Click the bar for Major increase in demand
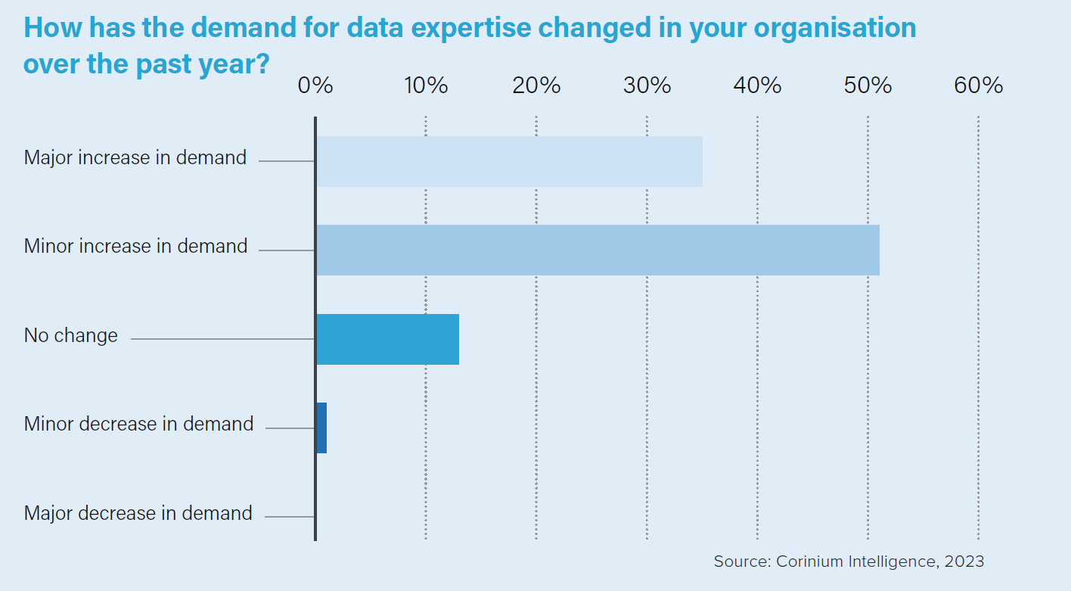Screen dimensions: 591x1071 pyautogui.click(x=509, y=161)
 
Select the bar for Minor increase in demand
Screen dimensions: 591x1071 pyautogui.click(x=598, y=250)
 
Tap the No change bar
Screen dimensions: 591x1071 pyautogui.click(x=387, y=339)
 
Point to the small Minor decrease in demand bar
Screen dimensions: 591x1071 pyautogui.click(x=321, y=428)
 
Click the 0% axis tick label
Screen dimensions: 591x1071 pyautogui.click(x=315, y=86)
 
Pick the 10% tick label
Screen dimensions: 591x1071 pyautogui.click(x=426, y=86)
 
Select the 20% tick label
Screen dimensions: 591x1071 pyautogui.click(x=536, y=86)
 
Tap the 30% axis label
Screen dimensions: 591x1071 pyautogui.click(x=647, y=86)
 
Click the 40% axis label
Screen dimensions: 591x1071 pyautogui.click(x=757, y=86)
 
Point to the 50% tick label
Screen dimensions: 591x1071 pyautogui.click(x=868, y=86)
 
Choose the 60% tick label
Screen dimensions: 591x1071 pyautogui.click(x=978, y=86)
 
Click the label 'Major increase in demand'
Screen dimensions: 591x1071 pyautogui.click(x=135, y=157)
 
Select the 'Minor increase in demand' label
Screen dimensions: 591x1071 pyautogui.click(x=136, y=246)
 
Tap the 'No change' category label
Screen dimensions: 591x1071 pyautogui.click(x=71, y=335)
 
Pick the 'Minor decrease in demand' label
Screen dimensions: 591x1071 pyautogui.click(x=138, y=424)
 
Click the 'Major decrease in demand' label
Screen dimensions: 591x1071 pyautogui.click(x=138, y=513)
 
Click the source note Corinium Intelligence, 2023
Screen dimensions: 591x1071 pyautogui.click(x=849, y=561)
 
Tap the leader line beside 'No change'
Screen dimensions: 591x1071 pyautogui.click(x=222, y=339)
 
